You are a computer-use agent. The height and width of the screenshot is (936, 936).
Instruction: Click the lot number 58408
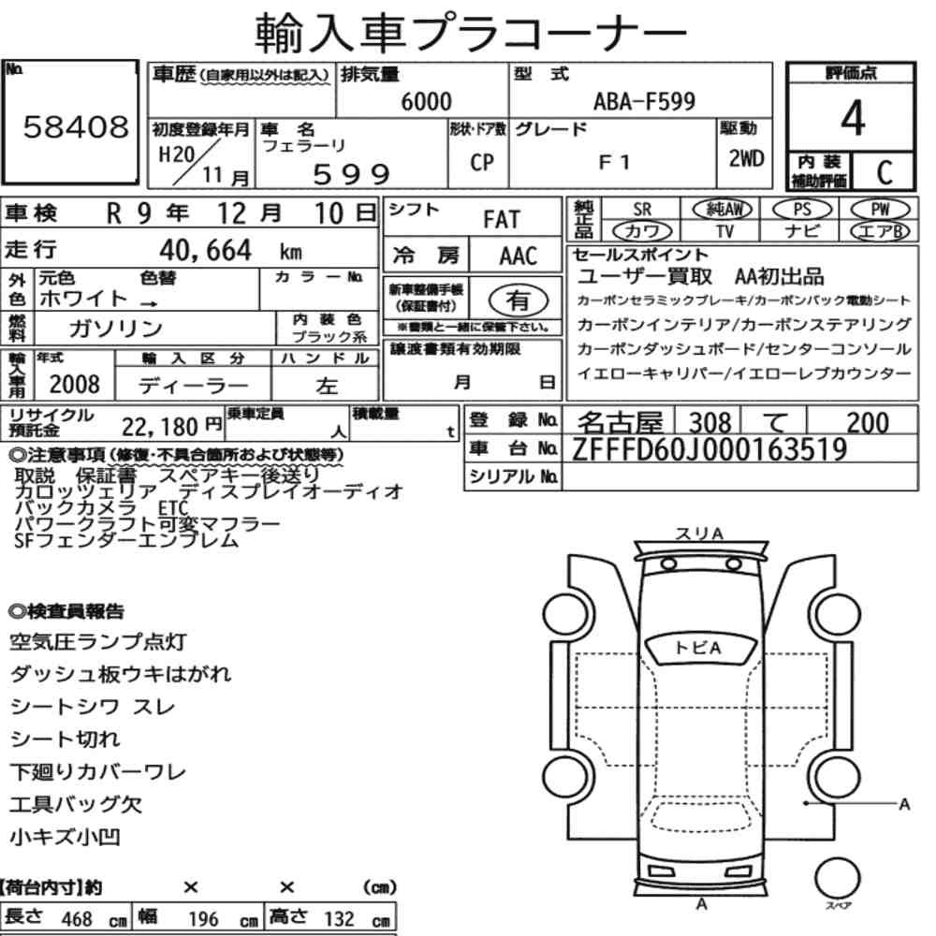click(x=76, y=126)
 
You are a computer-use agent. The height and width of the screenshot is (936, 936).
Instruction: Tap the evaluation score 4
click(x=853, y=118)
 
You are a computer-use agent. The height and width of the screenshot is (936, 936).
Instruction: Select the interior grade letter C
click(x=885, y=172)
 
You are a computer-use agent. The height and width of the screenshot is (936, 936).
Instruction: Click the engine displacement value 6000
click(x=426, y=101)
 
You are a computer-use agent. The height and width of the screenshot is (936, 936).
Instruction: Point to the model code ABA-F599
click(x=644, y=101)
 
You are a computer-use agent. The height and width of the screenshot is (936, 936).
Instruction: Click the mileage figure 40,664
click(x=205, y=250)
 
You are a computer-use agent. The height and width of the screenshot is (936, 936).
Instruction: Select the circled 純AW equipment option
click(x=723, y=209)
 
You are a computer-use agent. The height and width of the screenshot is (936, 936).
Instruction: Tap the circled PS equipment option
click(x=802, y=209)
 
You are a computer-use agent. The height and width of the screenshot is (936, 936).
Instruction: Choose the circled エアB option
click(x=880, y=231)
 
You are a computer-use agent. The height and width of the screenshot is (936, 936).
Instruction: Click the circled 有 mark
click(x=519, y=300)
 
